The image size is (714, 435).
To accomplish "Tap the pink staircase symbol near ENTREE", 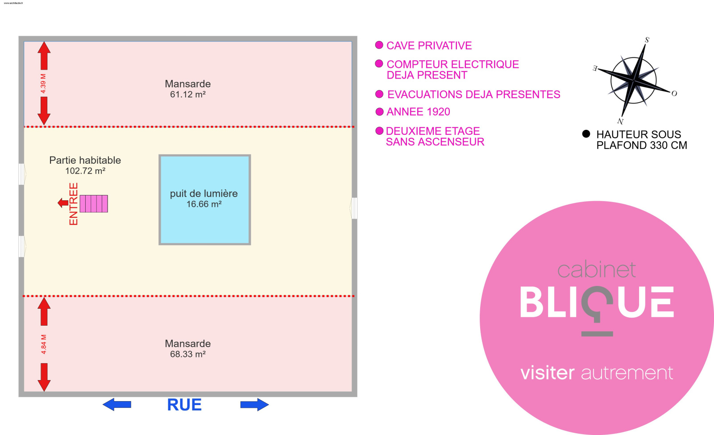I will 94,203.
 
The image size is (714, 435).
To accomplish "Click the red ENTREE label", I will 74,204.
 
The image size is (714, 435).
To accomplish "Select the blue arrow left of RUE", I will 117,405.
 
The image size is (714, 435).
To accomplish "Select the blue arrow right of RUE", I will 254,405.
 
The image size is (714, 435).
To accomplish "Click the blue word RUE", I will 184,405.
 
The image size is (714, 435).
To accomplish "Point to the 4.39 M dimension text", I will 43,83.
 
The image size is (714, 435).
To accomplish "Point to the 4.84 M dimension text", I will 43,344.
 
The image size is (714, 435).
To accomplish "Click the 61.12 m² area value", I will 187,95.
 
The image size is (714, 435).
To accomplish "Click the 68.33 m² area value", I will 187,354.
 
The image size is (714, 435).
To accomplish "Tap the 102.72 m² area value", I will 85,171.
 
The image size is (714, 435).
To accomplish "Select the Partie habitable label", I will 85,160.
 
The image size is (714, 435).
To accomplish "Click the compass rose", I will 634,80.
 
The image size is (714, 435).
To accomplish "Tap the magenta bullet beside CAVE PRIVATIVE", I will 379,45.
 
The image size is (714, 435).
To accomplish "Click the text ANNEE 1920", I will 418,112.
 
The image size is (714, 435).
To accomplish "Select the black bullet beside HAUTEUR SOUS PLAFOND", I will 586,134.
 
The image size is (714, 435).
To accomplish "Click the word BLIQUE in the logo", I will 597,303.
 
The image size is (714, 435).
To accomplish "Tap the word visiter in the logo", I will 548,373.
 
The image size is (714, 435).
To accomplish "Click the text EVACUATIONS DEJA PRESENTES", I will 473,95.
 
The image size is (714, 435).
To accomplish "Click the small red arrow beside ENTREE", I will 63,203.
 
